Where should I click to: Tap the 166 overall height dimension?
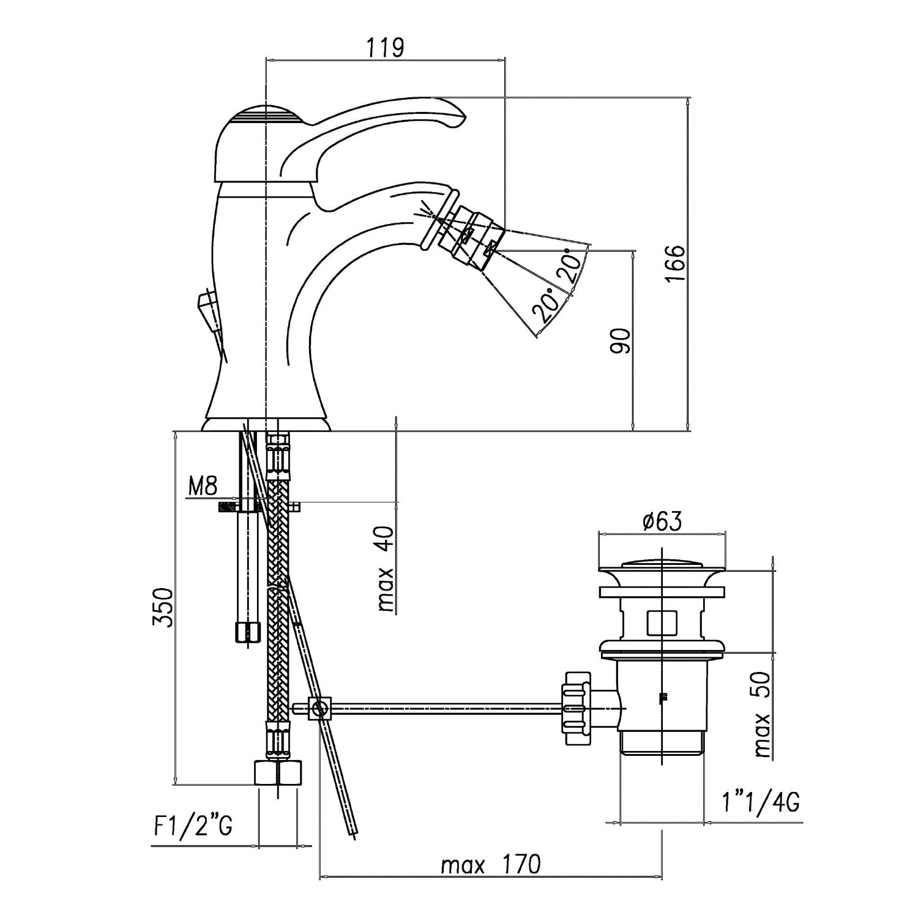[674, 264]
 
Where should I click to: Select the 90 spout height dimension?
[620, 341]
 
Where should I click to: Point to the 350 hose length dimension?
[162, 608]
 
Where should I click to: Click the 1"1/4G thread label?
[761, 802]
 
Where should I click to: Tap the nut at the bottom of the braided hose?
[277, 772]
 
